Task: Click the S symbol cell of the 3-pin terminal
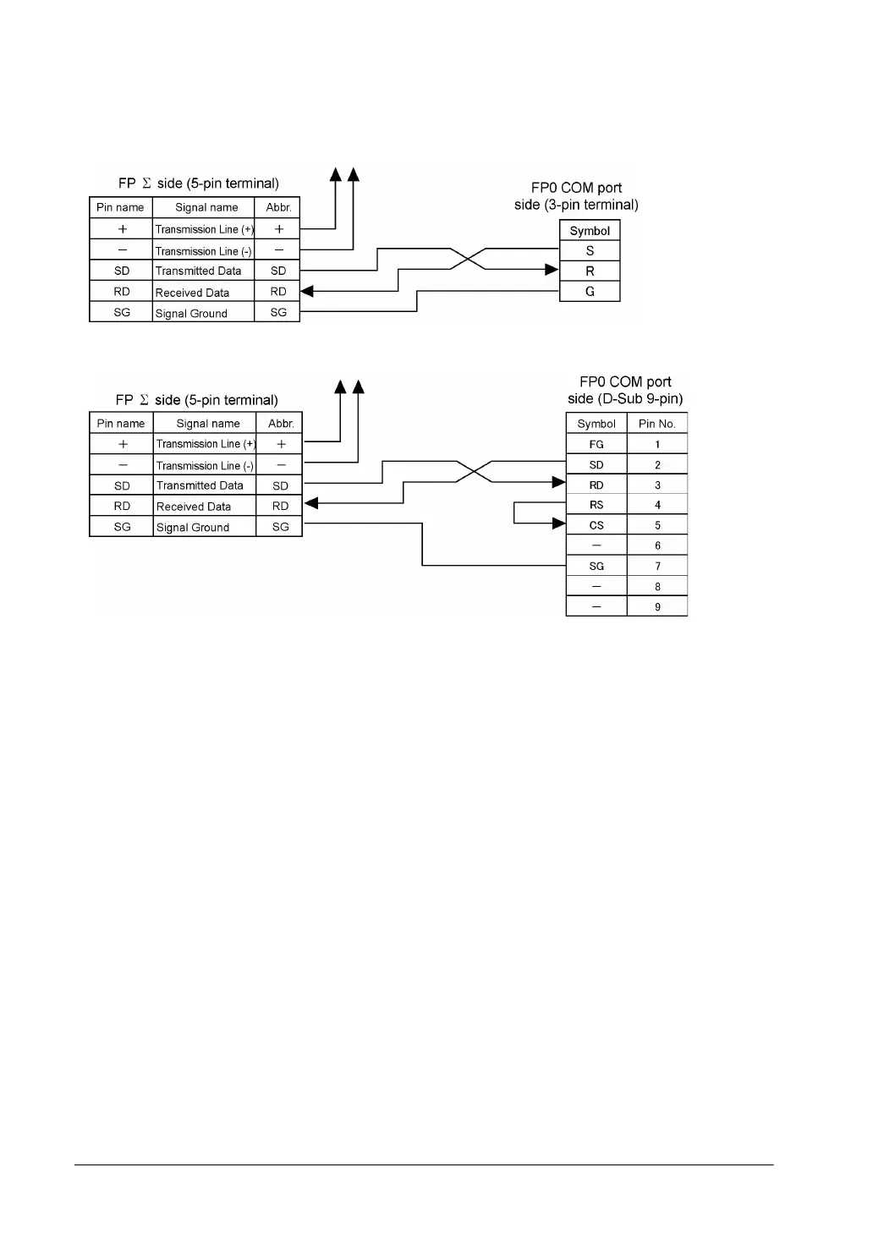(x=590, y=251)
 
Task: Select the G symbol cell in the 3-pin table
(x=590, y=292)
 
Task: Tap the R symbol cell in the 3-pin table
(x=590, y=271)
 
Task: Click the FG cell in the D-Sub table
(x=596, y=445)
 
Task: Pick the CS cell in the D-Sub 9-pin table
(x=596, y=526)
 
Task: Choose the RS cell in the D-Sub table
(x=596, y=506)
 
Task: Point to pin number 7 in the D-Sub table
(x=657, y=567)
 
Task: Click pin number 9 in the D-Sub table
(x=657, y=607)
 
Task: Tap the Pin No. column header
(x=657, y=424)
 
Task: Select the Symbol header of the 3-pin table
(x=590, y=231)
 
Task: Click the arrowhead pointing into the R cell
(x=552, y=270)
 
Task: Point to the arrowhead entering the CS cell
(x=558, y=524)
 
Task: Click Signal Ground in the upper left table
(x=192, y=314)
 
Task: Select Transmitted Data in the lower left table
(x=200, y=486)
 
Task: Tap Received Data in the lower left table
(x=194, y=507)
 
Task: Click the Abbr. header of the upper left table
(x=278, y=208)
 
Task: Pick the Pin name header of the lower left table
(x=121, y=424)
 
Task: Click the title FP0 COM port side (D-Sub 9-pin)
(x=626, y=391)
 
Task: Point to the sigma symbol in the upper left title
(x=146, y=184)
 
